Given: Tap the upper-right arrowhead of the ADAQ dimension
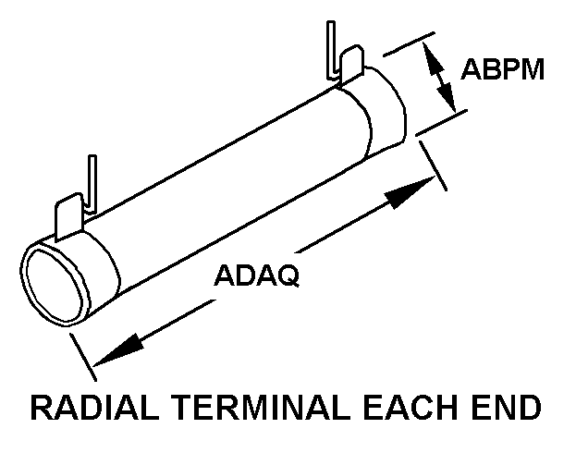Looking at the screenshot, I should [x=412, y=191].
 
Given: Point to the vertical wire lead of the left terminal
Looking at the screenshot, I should [x=92, y=180].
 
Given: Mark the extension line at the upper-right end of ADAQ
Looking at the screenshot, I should [x=432, y=164].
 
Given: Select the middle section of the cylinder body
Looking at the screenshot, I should [x=231, y=185].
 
